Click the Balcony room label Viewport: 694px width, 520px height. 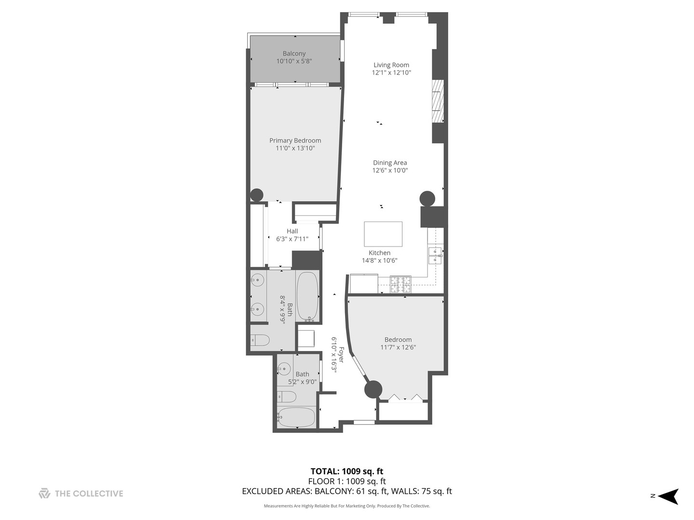click(294, 53)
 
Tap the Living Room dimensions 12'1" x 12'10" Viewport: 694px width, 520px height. click(391, 73)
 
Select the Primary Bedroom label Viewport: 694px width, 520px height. click(295, 141)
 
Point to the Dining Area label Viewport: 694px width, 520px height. click(390, 163)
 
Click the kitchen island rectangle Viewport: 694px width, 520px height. click(383, 234)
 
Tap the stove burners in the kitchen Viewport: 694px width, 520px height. click(400, 284)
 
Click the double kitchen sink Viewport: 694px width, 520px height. click(435, 255)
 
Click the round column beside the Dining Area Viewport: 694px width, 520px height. click(427, 198)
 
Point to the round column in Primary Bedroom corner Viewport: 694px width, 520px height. click(256, 195)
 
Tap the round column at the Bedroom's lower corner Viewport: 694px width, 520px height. click(373, 389)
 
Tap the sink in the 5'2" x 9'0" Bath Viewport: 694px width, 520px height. click(284, 369)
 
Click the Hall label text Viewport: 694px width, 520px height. click(292, 231)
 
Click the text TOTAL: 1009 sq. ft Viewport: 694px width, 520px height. click(347, 471)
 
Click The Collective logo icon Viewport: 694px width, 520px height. click(44, 494)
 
